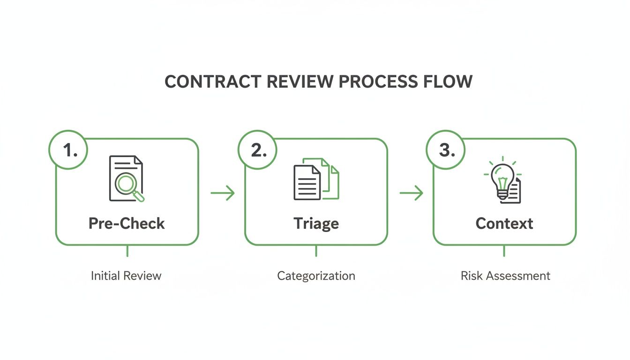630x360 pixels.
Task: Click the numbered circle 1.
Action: click(x=69, y=150)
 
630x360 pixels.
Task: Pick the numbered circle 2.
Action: click(x=257, y=150)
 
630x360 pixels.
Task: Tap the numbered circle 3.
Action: click(x=446, y=150)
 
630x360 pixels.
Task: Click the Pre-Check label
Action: click(x=127, y=223)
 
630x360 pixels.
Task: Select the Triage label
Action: click(x=316, y=223)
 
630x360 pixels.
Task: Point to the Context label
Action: click(x=504, y=223)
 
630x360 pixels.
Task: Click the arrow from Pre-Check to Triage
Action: click(x=222, y=193)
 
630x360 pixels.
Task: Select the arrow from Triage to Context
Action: click(x=411, y=193)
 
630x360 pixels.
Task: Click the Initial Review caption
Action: click(x=126, y=276)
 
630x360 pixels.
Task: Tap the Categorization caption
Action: click(x=316, y=276)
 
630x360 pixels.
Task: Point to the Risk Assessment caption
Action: click(x=505, y=276)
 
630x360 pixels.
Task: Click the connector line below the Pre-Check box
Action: click(x=127, y=251)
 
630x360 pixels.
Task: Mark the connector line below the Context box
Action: click(x=504, y=251)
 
